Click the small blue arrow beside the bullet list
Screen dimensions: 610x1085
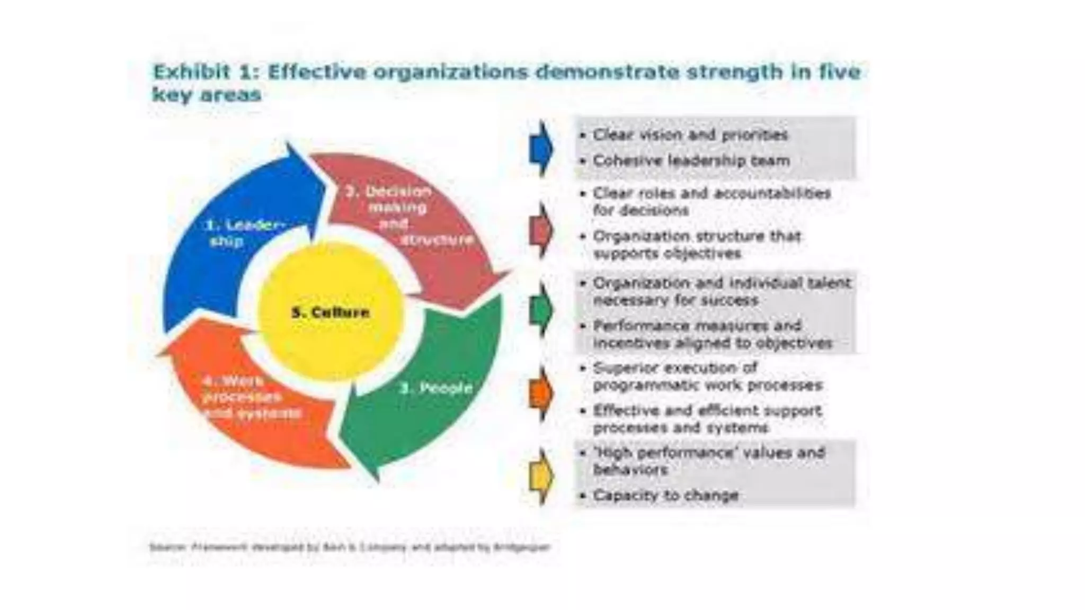click(540, 149)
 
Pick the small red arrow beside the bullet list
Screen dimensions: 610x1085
click(540, 230)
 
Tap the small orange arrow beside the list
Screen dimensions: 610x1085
click(540, 393)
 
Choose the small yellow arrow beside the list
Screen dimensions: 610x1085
click(540, 476)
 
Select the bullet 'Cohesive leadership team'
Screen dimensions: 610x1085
click(691, 160)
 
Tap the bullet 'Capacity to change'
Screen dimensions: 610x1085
click(665, 496)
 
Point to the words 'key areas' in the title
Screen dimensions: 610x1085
click(207, 95)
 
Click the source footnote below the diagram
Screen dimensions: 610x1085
click(350, 547)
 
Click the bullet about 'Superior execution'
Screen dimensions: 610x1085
click(707, 376)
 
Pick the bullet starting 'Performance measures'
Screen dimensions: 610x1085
click(712, 334)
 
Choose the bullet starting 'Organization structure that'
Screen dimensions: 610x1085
click(696, 245)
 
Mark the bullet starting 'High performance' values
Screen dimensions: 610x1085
click(708, 461)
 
